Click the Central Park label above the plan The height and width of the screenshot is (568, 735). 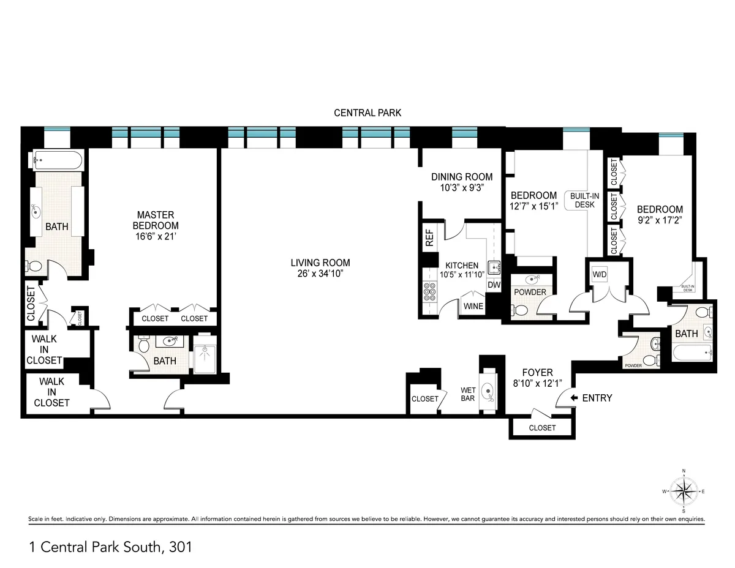[x=367, y=113]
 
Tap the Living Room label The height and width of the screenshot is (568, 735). [x=320, y=263]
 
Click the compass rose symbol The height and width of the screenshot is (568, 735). [x=684, y=491]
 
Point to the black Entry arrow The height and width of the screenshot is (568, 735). [x=574, y=398]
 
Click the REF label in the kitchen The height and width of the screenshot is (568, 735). [x=429, y=236]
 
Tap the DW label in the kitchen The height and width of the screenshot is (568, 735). [x=493, y=285]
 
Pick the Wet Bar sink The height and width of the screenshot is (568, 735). [x=488, y=390]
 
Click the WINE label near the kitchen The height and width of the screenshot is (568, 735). [x=473, y=306]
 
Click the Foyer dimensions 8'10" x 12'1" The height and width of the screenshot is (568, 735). [x=537, y=383]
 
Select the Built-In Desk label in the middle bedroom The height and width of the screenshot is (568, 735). [x=584, y=200]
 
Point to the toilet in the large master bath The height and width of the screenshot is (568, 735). [x=35, y=267]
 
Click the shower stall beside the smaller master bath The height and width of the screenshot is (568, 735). [x=203, y=353]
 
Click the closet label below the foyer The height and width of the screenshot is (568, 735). [x=541, y=428]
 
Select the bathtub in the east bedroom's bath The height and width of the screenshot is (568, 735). [x=692, y=352]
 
